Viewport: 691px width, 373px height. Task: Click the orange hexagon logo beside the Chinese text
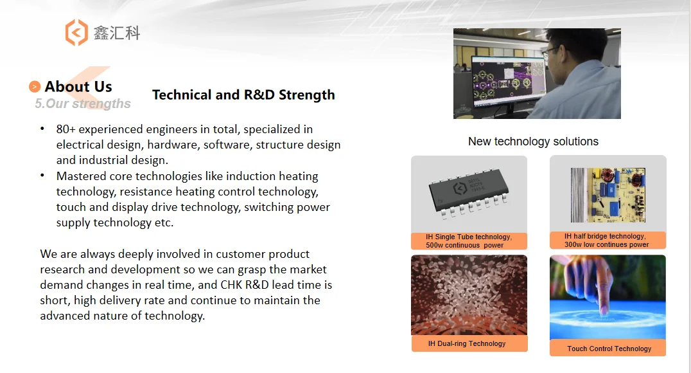coord(76,33)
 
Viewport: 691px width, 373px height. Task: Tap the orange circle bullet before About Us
coord(35,87)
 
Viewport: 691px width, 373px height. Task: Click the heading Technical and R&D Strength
coord(243,95)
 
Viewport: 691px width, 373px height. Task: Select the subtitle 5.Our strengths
coord(83,104)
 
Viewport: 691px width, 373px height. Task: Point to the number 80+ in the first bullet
coord(66,129)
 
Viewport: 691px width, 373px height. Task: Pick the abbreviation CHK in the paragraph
coord(231,285)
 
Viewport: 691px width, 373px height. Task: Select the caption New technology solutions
coord(533,141)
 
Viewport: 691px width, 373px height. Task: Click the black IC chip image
coord(468,192)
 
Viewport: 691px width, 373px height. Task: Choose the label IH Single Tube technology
coord(468,237)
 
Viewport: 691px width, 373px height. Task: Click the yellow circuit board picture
coord(608,195)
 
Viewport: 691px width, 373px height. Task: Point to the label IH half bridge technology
coord(605,236)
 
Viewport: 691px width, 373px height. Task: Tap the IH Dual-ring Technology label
coord(467,343)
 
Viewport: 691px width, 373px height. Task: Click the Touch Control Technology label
coord(609,349)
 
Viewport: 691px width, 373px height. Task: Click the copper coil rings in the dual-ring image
coord(469,326)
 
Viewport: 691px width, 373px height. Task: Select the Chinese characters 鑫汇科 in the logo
coord(117,33)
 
